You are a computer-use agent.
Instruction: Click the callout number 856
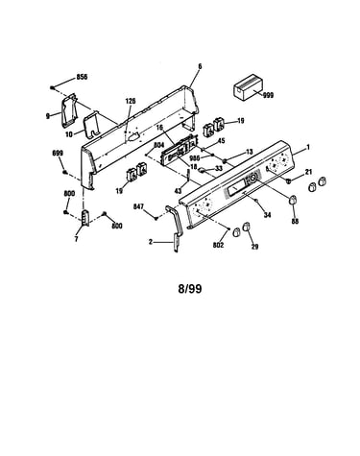click(x=82, y=77)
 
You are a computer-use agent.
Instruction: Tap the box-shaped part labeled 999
click(x=248, y=87)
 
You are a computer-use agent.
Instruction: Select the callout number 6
click(x=200, y=66)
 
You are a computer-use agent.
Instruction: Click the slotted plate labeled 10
click(x=92, y=125)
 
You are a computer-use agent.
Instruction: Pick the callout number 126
click(x=131, y=101)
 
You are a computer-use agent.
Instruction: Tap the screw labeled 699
click(x=64, y=173)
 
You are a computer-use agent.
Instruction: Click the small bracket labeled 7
click(x=85, y=218)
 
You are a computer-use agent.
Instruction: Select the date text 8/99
click(x=190, y=289)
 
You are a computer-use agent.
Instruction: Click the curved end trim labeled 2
click(x=175, y=228)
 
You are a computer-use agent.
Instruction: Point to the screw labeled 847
click(x=156, y=218)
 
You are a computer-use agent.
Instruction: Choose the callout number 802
click(x=218, y=245)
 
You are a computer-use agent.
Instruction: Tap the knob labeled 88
click(x=292, y=200)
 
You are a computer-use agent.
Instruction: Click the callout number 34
click(x=267, y=215)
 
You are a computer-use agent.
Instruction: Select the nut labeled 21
click(x=288, y=181)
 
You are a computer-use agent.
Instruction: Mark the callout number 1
click(x=308, y=147)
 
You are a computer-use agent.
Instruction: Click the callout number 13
click(x=250, y=152)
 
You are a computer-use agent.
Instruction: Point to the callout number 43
click(x=178, y=191)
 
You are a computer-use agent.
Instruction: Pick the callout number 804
click(x=158, y=145)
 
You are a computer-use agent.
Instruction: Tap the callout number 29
click(x=254, y=247)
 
